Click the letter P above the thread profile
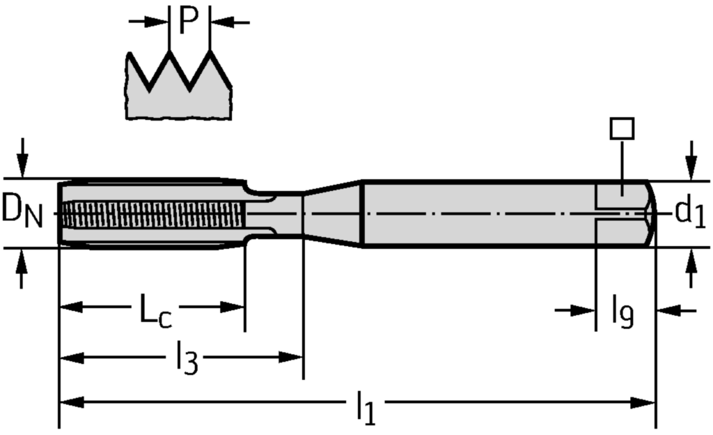188,21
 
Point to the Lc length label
155,312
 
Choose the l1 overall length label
366,407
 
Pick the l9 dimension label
622,312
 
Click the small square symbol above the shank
621,128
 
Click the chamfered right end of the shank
652,213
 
